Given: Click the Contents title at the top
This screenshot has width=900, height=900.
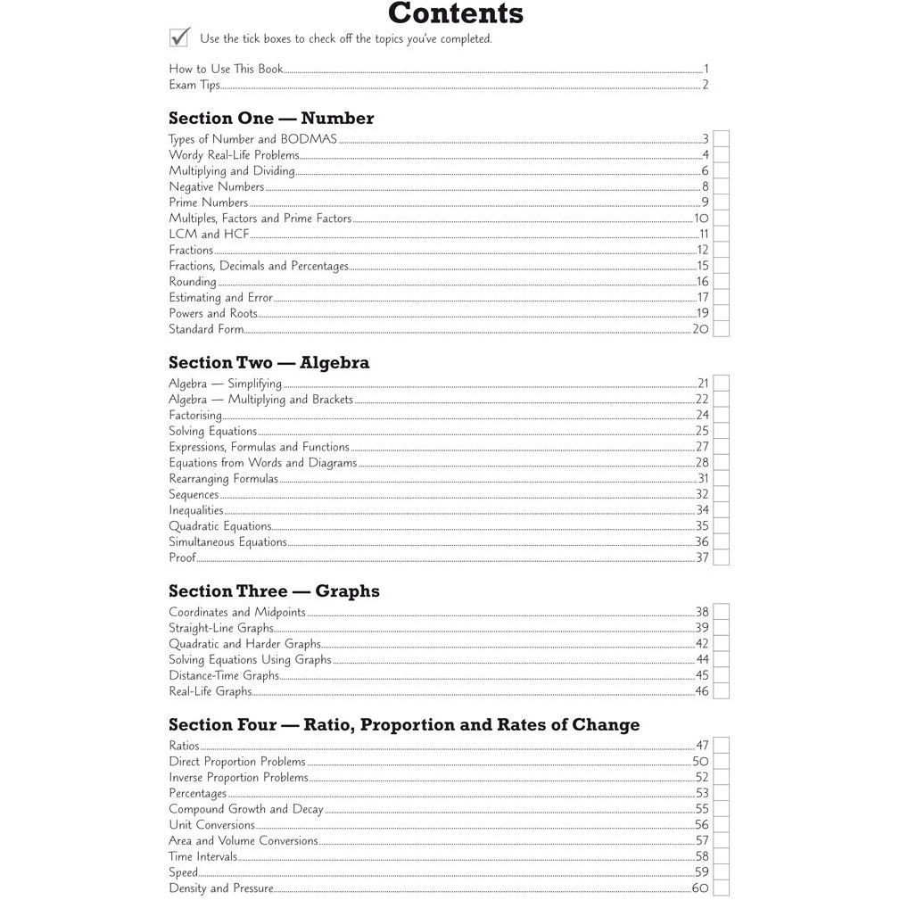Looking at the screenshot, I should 455,14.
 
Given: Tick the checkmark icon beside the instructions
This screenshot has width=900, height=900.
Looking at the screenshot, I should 179,37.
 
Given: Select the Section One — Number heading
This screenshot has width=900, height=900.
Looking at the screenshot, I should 271,119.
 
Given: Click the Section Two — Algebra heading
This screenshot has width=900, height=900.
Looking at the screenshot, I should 268,363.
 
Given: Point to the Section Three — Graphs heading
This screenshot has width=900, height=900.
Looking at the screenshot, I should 274,591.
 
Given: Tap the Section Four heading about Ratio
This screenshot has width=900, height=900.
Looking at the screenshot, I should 404,725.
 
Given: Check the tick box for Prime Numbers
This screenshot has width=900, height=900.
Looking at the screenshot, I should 721,202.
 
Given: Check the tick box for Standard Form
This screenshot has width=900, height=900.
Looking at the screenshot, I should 721,329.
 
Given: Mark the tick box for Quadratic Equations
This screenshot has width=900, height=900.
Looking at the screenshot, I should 721,526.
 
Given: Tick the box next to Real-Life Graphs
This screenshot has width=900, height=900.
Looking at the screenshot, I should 721,691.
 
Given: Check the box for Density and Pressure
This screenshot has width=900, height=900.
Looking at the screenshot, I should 721,888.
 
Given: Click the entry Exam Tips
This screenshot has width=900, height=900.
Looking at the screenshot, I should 194,86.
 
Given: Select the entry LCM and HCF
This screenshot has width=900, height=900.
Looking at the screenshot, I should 209,235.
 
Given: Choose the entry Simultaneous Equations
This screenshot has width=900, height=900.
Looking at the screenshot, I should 227,542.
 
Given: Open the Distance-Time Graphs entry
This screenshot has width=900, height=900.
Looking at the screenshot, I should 224,676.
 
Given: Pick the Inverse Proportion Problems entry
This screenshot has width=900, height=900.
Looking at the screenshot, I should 238,778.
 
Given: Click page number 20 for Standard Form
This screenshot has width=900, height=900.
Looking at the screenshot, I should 700,329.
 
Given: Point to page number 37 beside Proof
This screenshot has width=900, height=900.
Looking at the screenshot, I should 702,558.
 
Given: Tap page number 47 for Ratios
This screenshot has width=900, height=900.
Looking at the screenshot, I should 702,746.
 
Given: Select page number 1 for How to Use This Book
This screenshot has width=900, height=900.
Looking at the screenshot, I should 706,69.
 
